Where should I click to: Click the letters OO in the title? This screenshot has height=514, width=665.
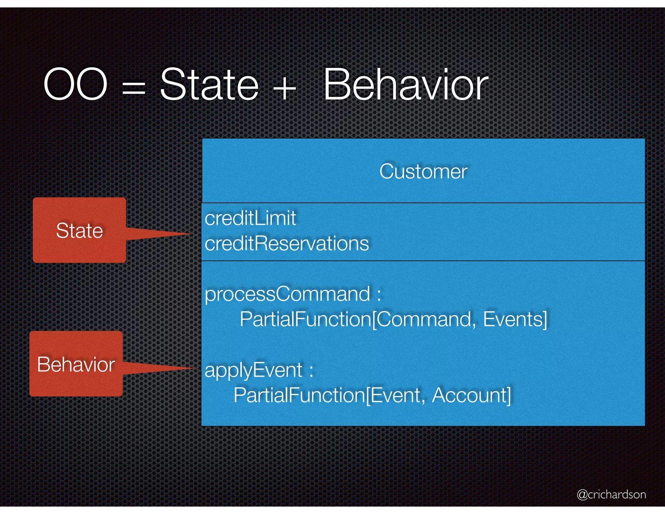75,84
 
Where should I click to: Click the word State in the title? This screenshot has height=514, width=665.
209,84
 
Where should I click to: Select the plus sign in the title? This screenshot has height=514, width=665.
284,88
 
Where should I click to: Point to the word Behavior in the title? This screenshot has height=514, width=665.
406,84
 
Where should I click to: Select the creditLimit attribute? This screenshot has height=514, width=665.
250,218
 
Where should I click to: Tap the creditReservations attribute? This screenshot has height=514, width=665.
287,243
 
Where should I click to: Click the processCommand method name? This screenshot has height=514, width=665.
287,294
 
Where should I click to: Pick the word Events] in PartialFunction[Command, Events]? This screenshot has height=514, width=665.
515,319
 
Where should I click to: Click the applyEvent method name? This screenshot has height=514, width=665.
253,370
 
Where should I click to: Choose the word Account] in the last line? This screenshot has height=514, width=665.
471,395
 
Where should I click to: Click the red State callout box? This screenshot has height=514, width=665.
79,230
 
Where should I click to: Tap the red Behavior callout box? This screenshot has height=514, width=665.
76,364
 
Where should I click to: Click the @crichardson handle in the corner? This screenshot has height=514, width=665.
611,495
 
